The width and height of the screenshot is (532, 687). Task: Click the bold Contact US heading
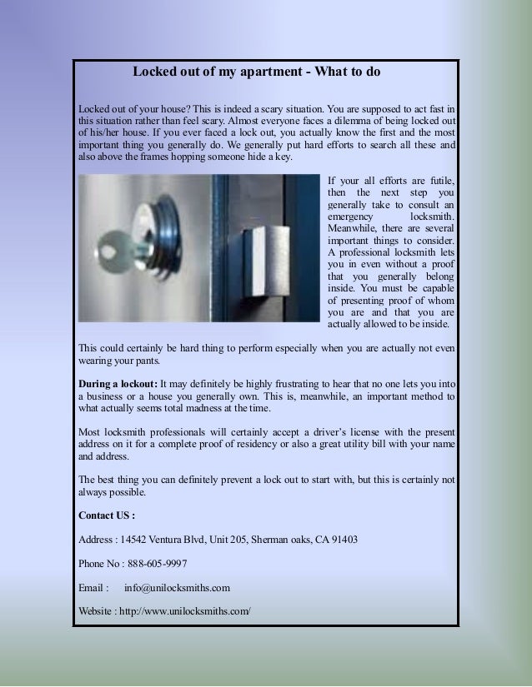click(x=106, y=515)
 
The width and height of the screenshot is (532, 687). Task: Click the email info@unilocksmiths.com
click(x=177, y=588)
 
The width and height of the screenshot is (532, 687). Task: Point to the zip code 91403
click(x=344, y=539)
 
